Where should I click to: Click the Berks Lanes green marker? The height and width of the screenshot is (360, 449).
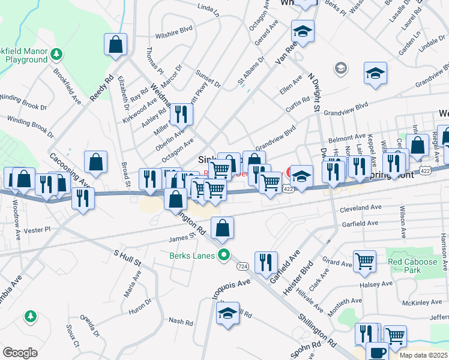(x=224, y=256)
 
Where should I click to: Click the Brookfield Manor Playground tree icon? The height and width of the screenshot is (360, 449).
(x=56, y=54)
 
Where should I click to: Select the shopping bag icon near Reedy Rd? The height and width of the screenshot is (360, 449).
(x=115, y=44)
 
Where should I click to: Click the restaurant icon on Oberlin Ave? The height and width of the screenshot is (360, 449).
(x=181, y=113)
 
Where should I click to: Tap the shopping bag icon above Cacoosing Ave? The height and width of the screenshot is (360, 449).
(x=95, y=161)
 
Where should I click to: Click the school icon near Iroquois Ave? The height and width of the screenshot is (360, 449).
(x=228, y=313)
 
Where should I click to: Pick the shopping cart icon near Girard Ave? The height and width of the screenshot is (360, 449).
(x=364, y=261)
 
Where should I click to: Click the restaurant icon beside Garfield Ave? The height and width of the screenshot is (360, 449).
(x=265, y=262)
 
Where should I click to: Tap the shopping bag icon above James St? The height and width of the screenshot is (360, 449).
(x=222, y=227)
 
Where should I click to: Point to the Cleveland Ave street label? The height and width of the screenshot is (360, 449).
(x=361, y=208)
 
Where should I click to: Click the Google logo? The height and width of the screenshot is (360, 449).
(x=20, y=353)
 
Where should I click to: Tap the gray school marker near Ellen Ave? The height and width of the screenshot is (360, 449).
(x=341, y=68)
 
